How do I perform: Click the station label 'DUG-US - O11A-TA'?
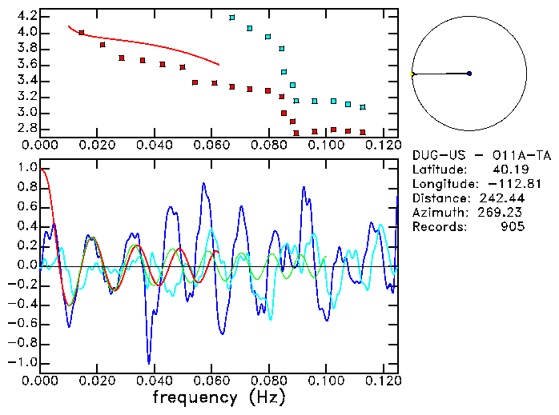(469, 155)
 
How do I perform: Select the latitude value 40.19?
(505, 170)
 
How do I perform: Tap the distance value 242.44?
(502, 198)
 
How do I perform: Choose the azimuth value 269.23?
(502, 213)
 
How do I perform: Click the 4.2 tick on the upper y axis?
(26, 16)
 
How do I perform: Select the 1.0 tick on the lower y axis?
(26, 169)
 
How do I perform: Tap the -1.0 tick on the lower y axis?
(24, 362)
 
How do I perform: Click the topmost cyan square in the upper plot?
(232, 17)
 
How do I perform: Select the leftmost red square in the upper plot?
(82, 33)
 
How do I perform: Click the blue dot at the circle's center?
(469, 74)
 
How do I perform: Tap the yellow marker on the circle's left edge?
(412, 74)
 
